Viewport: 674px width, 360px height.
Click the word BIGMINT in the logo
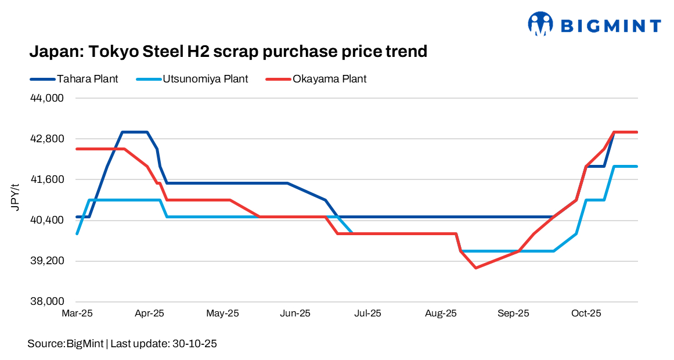click(611, 26)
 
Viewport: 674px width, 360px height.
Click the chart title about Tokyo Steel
click(228, 52)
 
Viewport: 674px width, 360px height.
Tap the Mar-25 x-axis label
click(77, 314)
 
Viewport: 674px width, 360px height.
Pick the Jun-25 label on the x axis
click(295, 314)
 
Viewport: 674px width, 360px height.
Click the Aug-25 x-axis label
click(441, 314)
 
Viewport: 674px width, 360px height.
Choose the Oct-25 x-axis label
click(586, 314)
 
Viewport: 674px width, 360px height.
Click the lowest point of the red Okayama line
click(476, 268)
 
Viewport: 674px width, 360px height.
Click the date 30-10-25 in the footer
click(194, 344)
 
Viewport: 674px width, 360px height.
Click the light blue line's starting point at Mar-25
click(77, 233)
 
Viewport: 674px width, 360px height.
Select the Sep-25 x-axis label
click(513, 314)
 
